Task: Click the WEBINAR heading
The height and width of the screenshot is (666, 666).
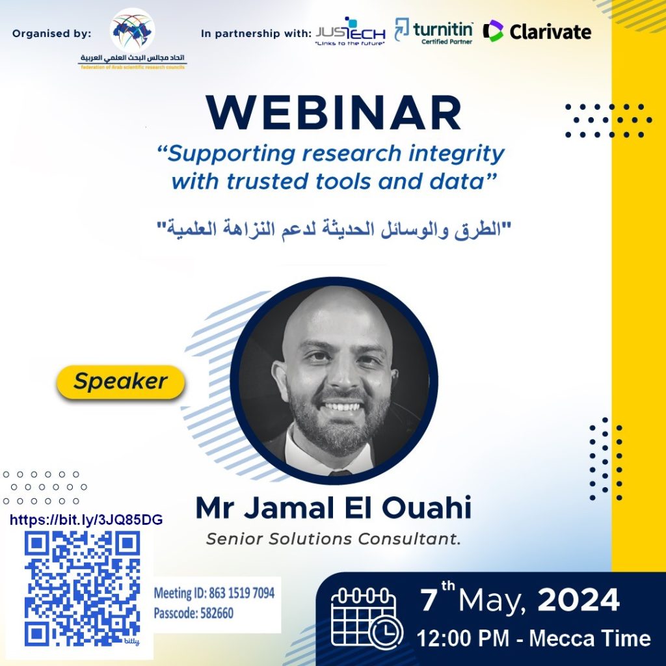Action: pyautogui.click(x=334, y=113)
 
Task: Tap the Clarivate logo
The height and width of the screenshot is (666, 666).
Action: pyautogui.click(x=537, y=31)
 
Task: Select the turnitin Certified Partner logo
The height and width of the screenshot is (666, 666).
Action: pyautogui.click(x=434, y=31)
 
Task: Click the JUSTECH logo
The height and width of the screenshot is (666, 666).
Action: pyautogui.click(x=351, y=32)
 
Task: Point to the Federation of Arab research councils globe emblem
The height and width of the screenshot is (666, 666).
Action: pyautogui.click(x=132, y=30)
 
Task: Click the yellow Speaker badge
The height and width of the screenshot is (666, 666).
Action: pyautogui.click(x=120, y=381)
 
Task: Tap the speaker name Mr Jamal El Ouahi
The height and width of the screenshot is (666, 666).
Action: pyautogui.click(x=334, y=507)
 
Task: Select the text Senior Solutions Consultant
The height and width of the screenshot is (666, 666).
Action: pyautogui.click(x=334, y=539)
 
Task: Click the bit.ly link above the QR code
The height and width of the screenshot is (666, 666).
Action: pyautogui.click(x=87, y=520)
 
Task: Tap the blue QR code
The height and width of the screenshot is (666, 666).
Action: pyautogui.click(x=83, y=589)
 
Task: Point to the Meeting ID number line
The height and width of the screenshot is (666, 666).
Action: pyautogui.click(x=214, y=593)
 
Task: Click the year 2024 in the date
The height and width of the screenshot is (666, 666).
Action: pyautogui.click(x=578, y=600)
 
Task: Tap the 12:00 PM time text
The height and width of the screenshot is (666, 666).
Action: pyautogui.click(x=463, y=639)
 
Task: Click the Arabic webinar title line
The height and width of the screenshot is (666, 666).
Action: pyautogui.click(x=334, y=229)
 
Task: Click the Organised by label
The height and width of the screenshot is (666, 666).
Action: pyautogui.click(x=52, y=34)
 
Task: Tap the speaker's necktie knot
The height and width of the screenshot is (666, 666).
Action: pyautogui.click(x=340, y=472)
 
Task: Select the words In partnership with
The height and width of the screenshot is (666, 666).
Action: pyautogui.click(x=256, y=34)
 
